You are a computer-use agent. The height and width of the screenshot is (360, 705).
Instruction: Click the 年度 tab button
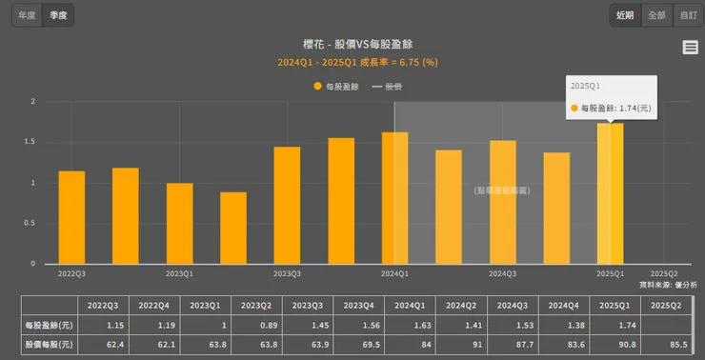28,15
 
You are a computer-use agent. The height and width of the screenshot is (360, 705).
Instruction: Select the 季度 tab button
59,15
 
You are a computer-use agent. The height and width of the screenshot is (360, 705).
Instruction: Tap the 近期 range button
625,15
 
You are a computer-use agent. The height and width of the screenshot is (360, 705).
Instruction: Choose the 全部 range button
656,15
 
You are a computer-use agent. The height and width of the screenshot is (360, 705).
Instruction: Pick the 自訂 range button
687,15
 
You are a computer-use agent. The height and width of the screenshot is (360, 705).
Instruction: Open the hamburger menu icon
691,48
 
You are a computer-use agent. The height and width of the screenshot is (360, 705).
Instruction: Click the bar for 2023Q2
233,228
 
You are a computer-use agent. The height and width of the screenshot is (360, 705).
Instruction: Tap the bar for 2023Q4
341,201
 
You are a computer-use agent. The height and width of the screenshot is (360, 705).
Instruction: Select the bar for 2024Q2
449,207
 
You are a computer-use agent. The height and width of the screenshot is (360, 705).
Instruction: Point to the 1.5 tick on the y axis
31,142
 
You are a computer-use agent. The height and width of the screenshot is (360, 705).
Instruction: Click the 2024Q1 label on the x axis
394,274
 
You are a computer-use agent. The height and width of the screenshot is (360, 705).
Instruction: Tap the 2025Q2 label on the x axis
663,274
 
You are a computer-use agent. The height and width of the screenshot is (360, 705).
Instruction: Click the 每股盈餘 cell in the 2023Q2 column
256,327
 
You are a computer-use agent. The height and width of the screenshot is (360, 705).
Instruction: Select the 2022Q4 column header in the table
153,306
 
